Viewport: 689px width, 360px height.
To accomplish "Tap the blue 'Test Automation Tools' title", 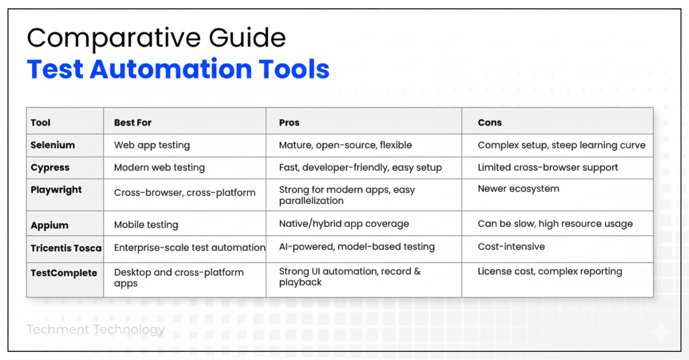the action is click(178, 69).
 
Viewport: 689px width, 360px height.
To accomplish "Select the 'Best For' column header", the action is click(133, 123).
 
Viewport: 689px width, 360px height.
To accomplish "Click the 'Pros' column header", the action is click(289, 123).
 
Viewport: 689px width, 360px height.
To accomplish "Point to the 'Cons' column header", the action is click(489, 123).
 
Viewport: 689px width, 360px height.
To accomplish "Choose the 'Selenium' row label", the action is click(52, 145).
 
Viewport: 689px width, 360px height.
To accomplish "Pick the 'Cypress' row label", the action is click(50, 168).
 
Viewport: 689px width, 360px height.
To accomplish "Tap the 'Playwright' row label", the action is click(56, 190).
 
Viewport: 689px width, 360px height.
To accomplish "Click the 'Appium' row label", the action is click(49, 225).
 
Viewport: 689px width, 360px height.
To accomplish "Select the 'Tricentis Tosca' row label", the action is click(66, 248).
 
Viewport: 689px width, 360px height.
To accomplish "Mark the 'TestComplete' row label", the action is click(64, 273).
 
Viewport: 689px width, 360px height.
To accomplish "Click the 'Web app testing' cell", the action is click(152, 145).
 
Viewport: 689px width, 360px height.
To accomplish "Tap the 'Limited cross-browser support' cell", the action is click(548, 168).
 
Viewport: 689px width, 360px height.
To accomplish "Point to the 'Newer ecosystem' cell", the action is click(518, 189).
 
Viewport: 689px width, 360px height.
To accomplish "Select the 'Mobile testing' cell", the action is click(146, 225).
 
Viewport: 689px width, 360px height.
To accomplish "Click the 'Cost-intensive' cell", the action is click(511, 247).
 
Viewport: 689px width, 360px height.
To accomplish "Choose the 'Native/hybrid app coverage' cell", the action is click(344, 224).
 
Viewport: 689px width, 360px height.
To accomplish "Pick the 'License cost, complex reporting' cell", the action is click(550, 272).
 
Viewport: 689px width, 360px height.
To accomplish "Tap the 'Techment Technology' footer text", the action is click(95, 330).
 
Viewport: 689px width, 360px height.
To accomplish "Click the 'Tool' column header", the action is click(40, 123).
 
